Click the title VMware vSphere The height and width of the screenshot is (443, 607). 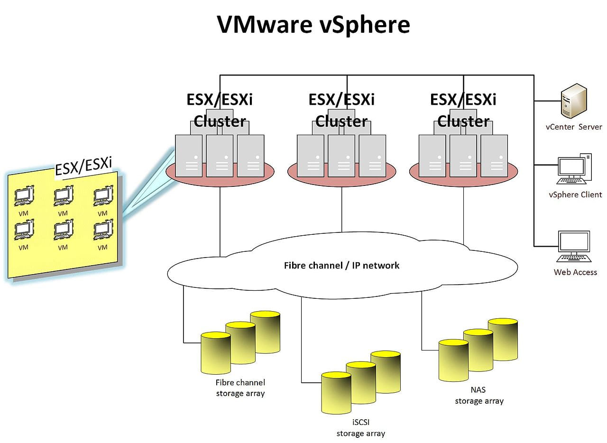313,25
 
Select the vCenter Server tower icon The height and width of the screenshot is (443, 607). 573,101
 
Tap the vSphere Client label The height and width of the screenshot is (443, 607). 575,194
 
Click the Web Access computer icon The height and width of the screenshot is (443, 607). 574,247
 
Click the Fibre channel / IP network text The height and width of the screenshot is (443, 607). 341,265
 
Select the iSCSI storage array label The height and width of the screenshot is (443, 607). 360,427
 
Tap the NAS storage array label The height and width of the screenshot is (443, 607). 479,396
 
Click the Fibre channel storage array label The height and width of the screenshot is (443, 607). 240,388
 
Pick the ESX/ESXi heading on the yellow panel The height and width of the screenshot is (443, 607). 83,166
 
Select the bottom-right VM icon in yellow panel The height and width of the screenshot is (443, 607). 103,230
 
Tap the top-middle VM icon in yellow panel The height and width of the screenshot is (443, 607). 63,195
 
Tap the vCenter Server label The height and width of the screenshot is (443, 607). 574,127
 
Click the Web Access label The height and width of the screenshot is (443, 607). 575,272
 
